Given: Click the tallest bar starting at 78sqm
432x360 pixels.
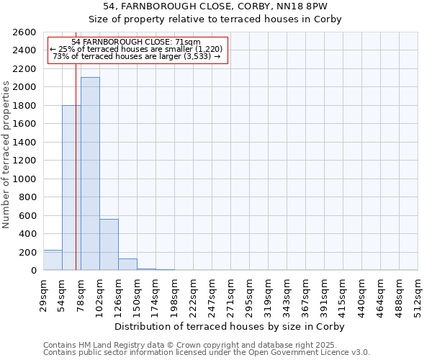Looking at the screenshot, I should (x=90, y=174).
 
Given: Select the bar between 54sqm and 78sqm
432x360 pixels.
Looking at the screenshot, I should (x=71, y=188).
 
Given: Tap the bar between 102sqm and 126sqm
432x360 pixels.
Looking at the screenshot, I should (x=109, y=245).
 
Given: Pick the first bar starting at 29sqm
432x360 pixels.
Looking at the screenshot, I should (x=53, y=260).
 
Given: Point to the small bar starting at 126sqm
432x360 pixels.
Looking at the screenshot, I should (x=127, y=264).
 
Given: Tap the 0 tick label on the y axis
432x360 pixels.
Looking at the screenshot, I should (x=33, y=271).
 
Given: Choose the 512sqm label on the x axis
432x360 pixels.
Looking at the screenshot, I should (x=418, y=294).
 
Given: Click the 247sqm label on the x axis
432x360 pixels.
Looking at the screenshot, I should (x=212, y=294).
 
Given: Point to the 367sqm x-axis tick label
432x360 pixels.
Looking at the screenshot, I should (x=306, y=294).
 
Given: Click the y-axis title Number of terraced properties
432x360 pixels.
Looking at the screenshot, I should (x=6, y=155).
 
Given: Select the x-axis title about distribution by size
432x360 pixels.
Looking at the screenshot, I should (x=230, y=326).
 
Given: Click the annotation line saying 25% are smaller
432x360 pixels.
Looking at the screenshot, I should (x=137, y=49).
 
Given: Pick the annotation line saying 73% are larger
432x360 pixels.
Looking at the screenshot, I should (x=137, y=56).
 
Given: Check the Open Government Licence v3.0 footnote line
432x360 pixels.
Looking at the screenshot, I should (x=207, y=352).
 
